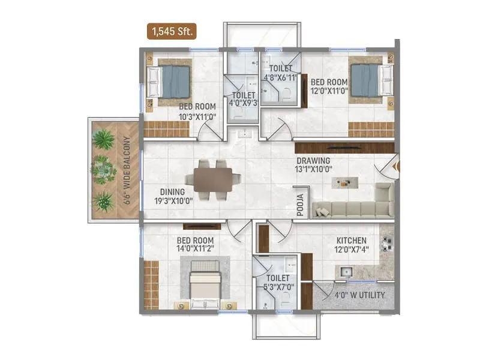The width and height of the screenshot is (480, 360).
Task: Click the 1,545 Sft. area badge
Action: [x=173, y=32]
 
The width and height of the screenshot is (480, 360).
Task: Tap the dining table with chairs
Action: [x=212, y=178]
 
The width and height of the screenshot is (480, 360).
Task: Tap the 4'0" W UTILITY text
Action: [x=361, y=295]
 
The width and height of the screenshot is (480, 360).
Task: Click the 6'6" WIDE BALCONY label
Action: [x=127, y=171]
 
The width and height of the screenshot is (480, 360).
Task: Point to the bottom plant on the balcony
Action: [x=104, y=201]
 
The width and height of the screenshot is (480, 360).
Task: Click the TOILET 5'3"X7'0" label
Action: [x=280, y=283]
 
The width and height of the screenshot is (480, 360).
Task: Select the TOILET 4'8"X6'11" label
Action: [x=280, y=73]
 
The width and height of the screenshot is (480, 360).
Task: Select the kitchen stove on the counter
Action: [x=386, y=243]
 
